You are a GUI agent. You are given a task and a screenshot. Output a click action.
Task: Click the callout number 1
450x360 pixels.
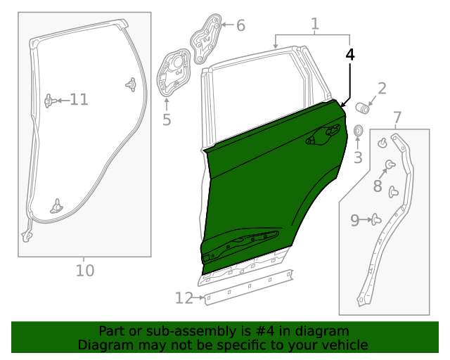(x=314, y=24)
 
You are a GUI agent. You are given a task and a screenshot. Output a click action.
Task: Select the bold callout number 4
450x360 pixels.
(x=350, y=54)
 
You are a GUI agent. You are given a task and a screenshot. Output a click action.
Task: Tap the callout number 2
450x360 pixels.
(x=382, y=89)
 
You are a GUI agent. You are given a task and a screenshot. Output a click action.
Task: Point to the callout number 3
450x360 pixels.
(x=358, y=157)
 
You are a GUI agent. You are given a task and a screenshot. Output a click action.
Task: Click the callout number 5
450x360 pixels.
(x=167, y=120)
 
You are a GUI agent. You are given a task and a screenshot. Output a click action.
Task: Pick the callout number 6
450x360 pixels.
(x=240, y=26)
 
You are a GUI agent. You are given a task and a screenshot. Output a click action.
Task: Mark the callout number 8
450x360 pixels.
(x=378, y=186)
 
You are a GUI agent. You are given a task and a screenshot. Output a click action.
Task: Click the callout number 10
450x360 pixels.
(x=84, y=270)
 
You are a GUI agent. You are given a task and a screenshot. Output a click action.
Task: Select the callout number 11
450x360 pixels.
(x=79, y=100)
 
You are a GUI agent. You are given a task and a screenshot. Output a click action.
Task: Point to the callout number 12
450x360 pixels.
(x=184, y=298)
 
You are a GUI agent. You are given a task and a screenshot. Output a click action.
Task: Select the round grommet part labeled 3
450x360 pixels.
(x=357, y=131)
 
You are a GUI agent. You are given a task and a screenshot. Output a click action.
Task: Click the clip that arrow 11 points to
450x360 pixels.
(x=49, y=101)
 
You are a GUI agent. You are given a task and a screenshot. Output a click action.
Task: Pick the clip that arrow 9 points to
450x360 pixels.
(x=376, y=220)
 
